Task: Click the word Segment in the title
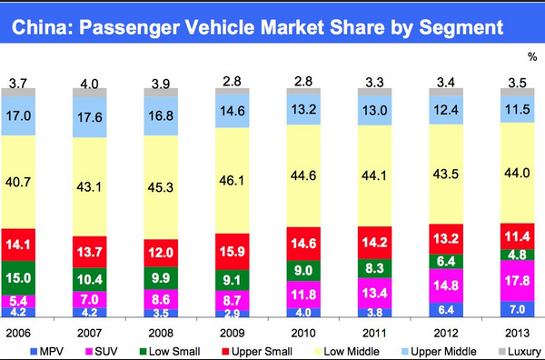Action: pyautogui.click(x=461, y=27)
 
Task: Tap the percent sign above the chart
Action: pyautogui.click(x=532, y=56)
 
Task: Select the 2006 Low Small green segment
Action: pyautogui.click(x=18, y=278)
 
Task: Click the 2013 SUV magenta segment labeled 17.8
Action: pyautogui.click(x=517, y=281)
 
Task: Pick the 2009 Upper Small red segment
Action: pyautogui.click(x=233, y=252)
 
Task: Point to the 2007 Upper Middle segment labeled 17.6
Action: pyautogui.click(x=90, y=117)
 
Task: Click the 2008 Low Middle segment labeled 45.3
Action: pyautogui.click(x=161, y=187)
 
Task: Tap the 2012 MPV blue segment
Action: pyautogui.click(x=446, y=310)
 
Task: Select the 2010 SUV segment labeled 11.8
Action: pyautogui.click(x=303, y=295)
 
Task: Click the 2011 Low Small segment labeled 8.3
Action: pyautogui.click(x=374, y=268)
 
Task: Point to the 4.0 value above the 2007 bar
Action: pyautogui.click(x=90, y=84)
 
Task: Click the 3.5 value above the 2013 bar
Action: pyautogui.click(x=517, y=83)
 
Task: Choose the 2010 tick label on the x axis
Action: pyautogui.click(x=303, y=334)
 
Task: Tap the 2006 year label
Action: pyautogui.click(x=18, y=334)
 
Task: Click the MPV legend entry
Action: pyautogui.click(x=47, y=352)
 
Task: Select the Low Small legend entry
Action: pyautogui.click(x=170, y=352)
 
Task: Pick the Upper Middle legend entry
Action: pyautogui.click(x=439, y=352)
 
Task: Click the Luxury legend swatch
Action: pyautogui.click(x=502, y=352)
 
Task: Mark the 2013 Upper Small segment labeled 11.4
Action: pyautogui.click(x=517, y=236)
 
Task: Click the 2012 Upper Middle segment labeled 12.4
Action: pyautogui.click(x=446, y=110)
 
